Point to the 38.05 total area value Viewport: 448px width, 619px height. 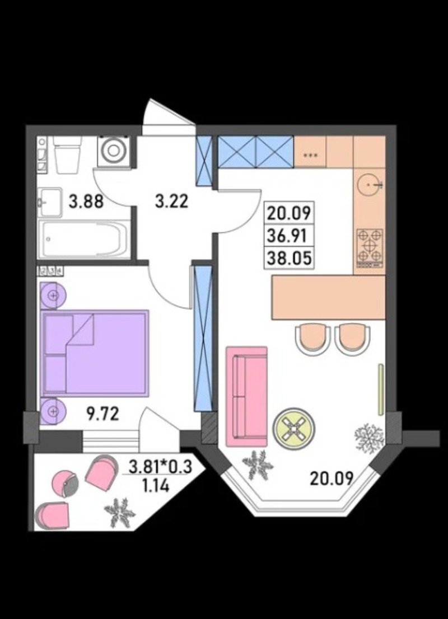(290, 259)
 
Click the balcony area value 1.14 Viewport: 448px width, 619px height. (156, 485)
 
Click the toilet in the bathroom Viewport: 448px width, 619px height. (67, 154)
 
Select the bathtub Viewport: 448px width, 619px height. (84, 239)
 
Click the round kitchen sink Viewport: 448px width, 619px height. (371, 184)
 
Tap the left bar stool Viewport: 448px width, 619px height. (313, 339)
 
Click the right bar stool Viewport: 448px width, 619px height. (352, 339)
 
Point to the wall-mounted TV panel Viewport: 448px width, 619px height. (380, 389)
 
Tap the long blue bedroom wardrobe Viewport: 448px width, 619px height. (204, 339)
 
